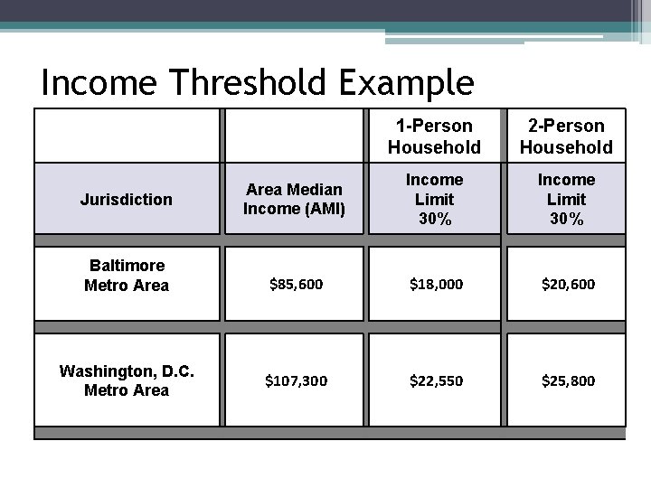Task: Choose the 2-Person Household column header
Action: (x=566, y=136)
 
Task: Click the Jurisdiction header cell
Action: (x=126, y=199)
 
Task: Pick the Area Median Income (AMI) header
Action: (x=294, y=199)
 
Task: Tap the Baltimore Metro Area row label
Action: (x=126, y=276)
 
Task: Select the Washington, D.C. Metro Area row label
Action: (x=126, y=380)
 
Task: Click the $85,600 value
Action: (x=296, y=284)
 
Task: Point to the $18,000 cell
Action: (x=436, y=284)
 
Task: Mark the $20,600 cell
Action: (x=568, y=284)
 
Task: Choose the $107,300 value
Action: (x=296, y=380)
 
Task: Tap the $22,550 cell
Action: (x=436, y=380)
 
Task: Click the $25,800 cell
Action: (x=568, y=380)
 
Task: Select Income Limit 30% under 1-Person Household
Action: (x=434, y=199)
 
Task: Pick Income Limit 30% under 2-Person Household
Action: (x=566, y=199)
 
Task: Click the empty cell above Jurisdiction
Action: (x=126, y=136)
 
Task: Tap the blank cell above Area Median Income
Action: (x=294, y=136)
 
